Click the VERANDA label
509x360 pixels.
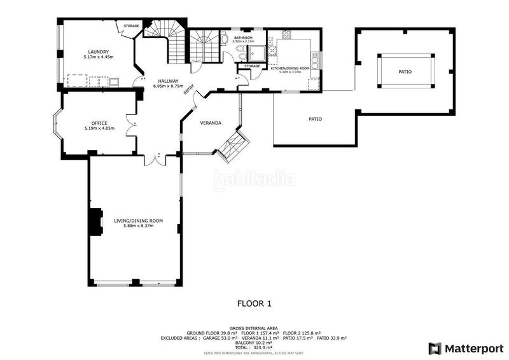click(210, 122)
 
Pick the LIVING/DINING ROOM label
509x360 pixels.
click(138, 221)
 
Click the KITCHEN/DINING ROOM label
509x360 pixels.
click(290, 67)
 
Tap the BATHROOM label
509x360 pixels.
click(243, 38)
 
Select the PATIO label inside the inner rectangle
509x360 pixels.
click(405, 72)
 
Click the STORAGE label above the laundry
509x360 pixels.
click(131, 25)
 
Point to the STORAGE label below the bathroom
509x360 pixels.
click(252, 66)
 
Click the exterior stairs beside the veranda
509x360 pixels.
click(231, 145)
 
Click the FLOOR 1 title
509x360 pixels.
click(254, 303)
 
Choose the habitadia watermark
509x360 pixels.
click(254, 180)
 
